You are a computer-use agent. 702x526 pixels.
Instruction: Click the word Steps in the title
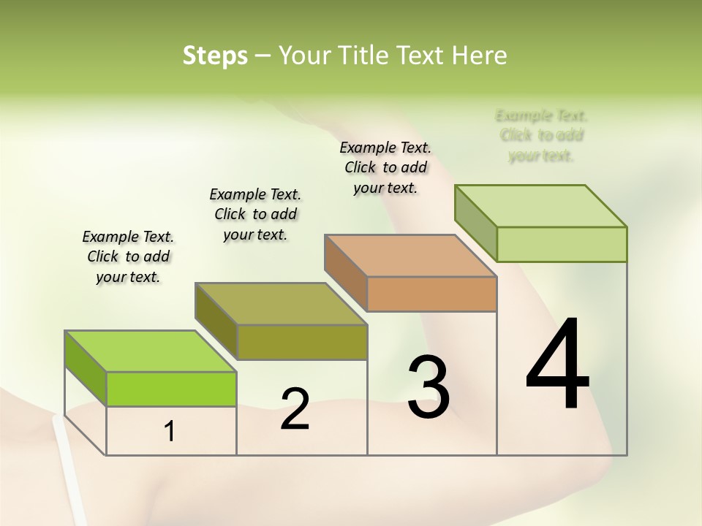click(x=214, y=56)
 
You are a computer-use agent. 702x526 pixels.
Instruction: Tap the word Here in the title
click(x=480, y=56)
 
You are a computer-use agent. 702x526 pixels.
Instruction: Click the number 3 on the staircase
click(x=428, y=388)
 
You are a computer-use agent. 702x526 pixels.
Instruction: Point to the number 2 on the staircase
click(x=295, y=409)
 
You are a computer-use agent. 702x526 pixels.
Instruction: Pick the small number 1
click(x=170, y=432)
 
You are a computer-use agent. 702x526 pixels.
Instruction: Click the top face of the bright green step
click(x=151, y=351)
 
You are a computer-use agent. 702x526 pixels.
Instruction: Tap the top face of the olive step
click(x=281, y=304)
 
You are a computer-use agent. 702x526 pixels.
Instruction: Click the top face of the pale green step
click(x=541, y=206)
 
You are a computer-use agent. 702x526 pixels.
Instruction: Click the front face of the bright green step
click(x=171, y=389)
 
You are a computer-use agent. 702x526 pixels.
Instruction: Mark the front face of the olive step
click(x=302, y=342)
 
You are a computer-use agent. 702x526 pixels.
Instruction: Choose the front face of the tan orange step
click(x=431, y=294)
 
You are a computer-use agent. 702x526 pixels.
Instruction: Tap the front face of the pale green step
click(x=562, y=244)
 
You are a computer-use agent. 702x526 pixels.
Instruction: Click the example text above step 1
click(x=128, y=256)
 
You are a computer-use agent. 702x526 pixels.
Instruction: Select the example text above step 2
click(x=255, y=214)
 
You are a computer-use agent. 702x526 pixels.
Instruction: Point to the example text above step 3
click(x=385, y=167)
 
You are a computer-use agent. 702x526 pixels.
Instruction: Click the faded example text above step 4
click(x=541, y=135)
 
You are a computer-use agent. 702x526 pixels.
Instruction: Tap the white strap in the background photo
click(x=67, y=468)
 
